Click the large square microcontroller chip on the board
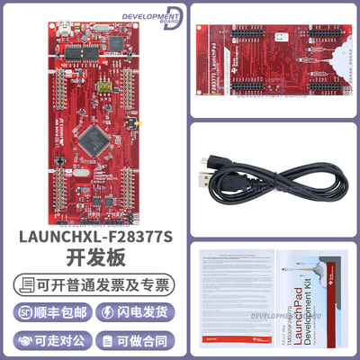92,139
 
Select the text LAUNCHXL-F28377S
90,238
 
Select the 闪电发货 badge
136,312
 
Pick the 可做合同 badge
136,342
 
